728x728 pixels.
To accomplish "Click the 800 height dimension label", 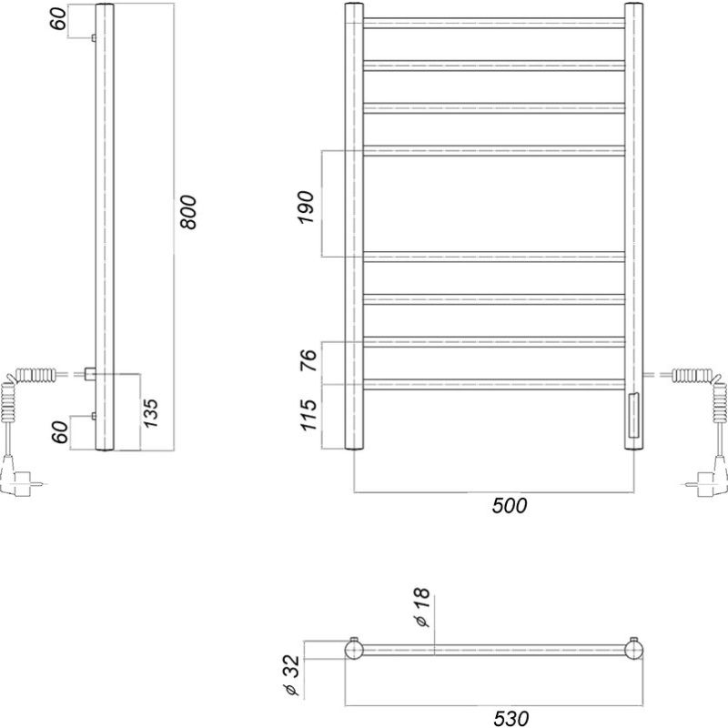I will tap(189, 214).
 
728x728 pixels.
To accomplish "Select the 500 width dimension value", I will tap(510, 505).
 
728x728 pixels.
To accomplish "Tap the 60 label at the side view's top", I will tap(58, 19).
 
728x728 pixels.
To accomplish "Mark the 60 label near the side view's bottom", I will tap(58, 431).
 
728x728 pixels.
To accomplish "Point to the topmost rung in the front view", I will tap(494, 23).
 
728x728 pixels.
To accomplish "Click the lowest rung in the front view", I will tap(494, 382).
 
